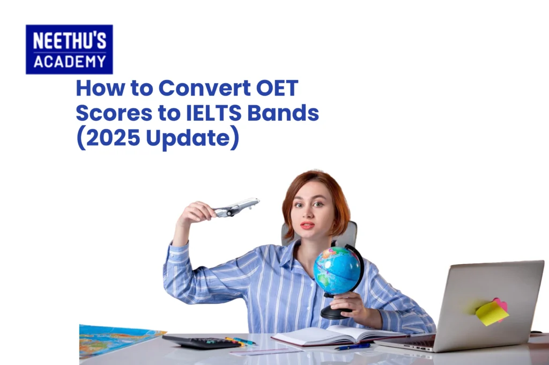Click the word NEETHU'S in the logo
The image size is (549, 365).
click(x=69, y=40)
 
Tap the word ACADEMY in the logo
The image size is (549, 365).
click(x=70, y=62)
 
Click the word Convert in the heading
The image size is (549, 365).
click(x=205, y=88)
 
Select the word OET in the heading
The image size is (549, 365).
click(x=277, y=88)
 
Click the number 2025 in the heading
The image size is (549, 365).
click(x=113, y=138)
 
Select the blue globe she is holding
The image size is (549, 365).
click(x=337, y=270)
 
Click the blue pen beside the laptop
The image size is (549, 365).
click(x=353, y=346)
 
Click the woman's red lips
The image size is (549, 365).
click(x=307, y=225)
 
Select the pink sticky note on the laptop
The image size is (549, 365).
click(x=502, y=304)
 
